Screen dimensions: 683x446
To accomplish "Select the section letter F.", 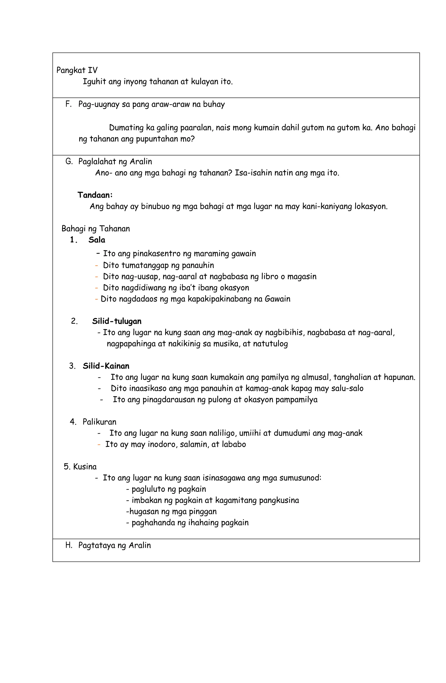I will [x=68, y=104].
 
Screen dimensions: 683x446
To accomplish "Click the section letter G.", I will [x=69, y=162].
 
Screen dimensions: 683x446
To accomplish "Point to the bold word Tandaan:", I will [x=95, y=195].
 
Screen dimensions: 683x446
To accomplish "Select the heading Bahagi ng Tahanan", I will [x=95, y=229].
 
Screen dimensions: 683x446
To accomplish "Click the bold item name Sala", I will [x=97, y=240].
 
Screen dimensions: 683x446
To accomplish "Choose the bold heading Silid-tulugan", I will [x=117, y=321].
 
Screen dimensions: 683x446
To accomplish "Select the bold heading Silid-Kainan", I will [x=106, y=366].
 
